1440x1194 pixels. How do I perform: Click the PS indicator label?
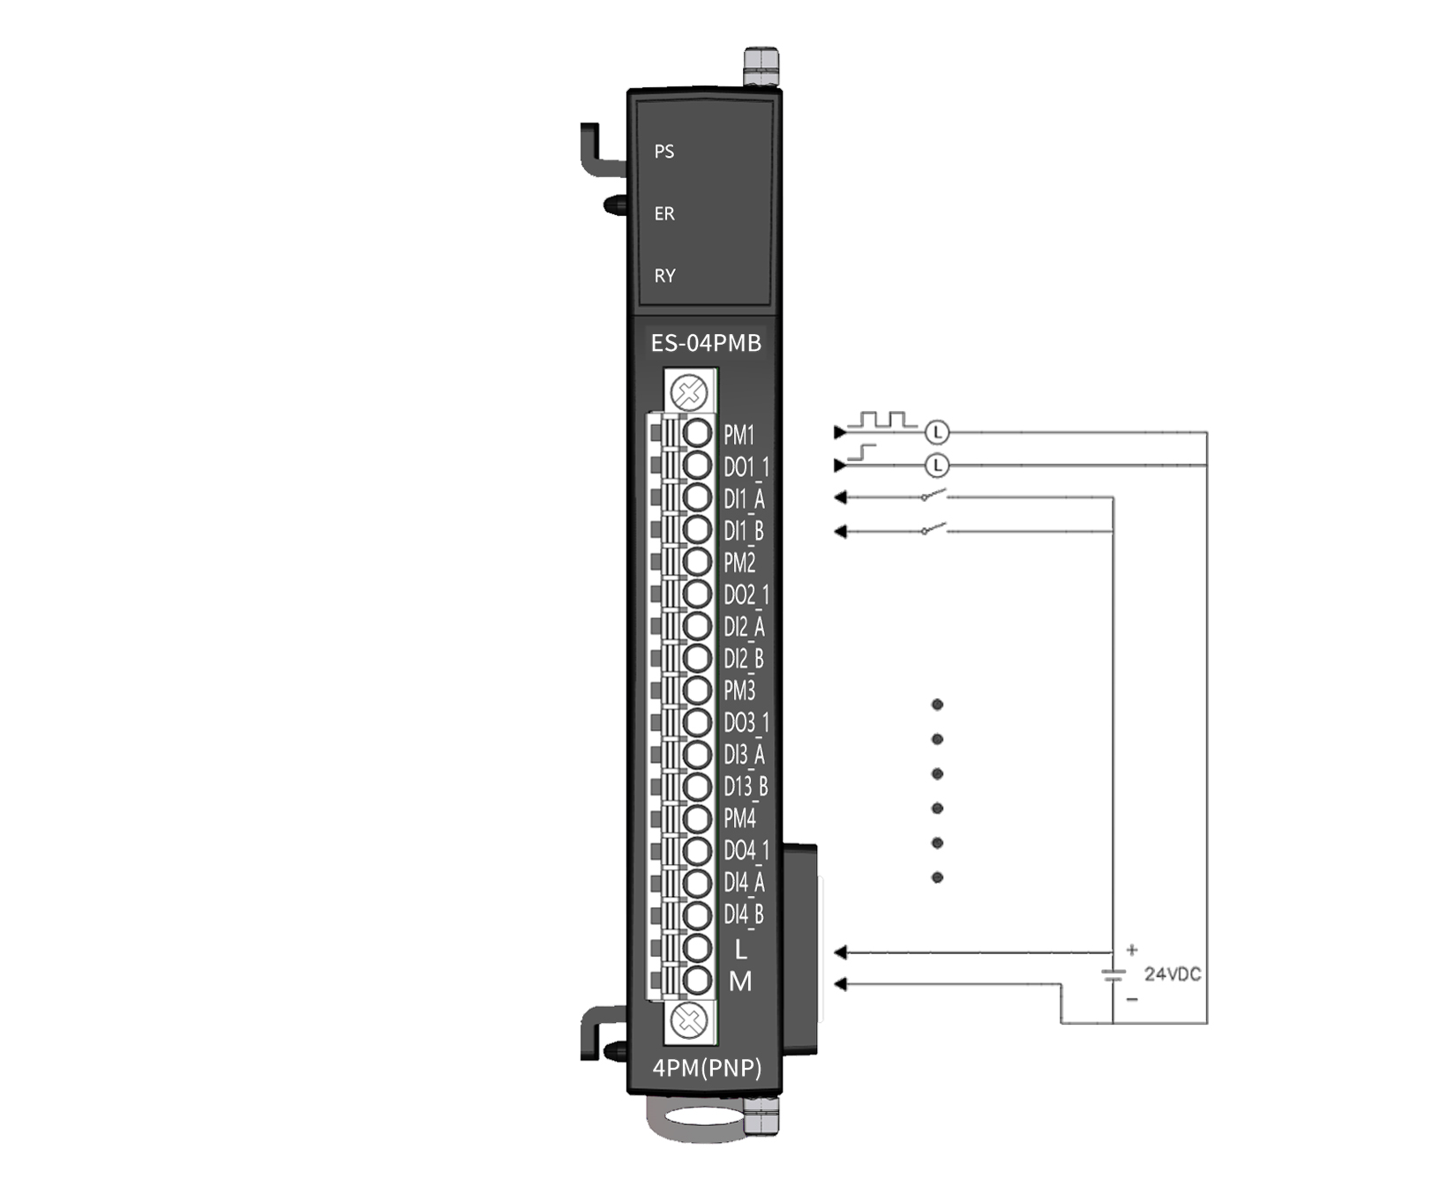click(664, 152)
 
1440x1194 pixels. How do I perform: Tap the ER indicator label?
click(664, 213)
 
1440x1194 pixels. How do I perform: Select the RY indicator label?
click(664, 276)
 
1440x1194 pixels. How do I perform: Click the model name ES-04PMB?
click(706, 343)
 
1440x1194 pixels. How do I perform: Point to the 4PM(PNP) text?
click(707, 1068)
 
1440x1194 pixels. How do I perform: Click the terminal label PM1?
click(739, 435)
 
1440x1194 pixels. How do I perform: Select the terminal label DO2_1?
click(746, 595)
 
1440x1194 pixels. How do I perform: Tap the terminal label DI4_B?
click(744, 915)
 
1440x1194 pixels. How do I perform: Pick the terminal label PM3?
click(739, 690)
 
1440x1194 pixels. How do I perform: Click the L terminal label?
click(740, 949)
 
